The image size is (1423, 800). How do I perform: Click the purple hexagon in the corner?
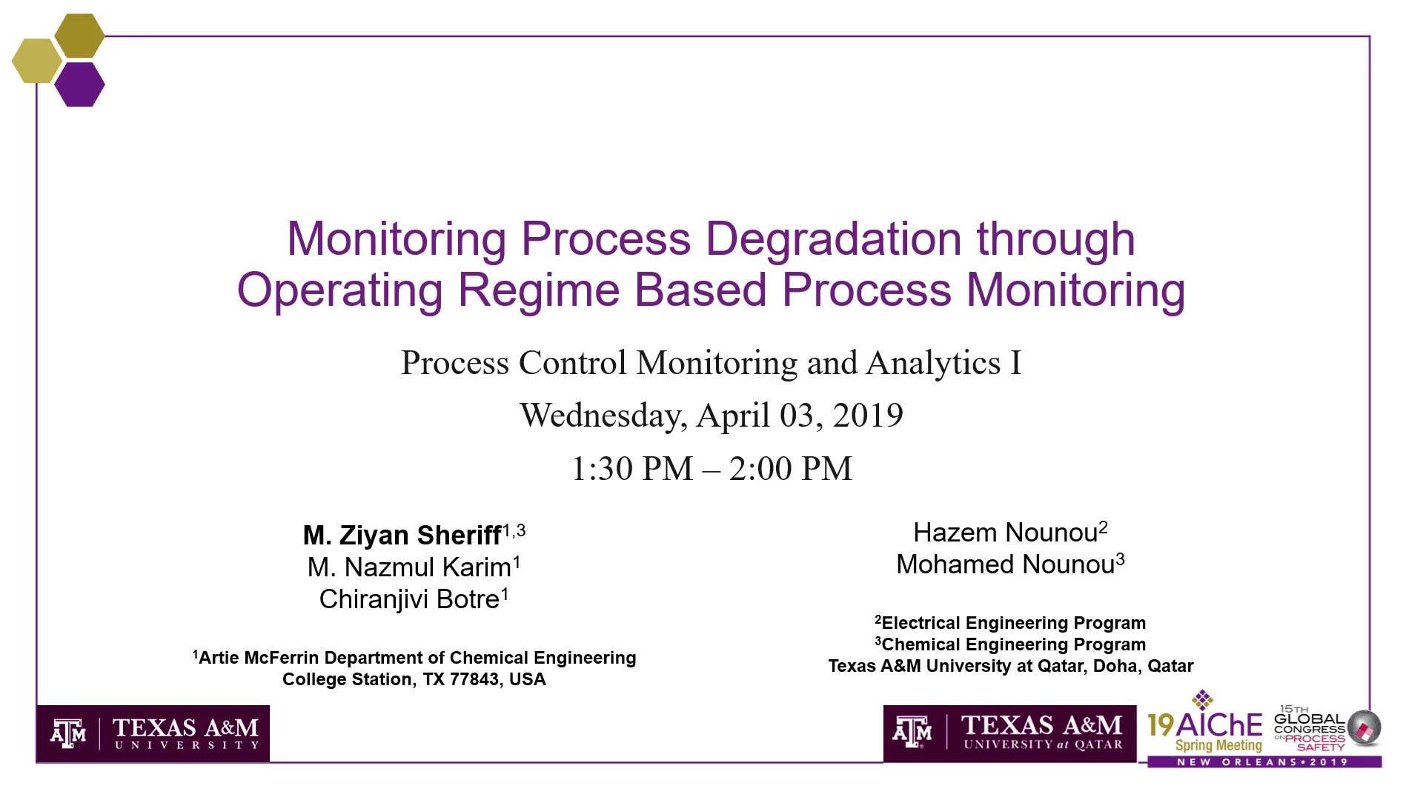79,84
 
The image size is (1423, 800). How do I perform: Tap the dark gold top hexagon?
79,36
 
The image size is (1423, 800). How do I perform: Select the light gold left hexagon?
37,61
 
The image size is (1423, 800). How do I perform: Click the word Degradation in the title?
833,239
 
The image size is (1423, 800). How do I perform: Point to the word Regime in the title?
538,290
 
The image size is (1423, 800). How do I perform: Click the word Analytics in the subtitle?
933,363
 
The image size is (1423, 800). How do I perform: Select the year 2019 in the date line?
868,415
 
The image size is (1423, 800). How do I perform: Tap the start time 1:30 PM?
632,469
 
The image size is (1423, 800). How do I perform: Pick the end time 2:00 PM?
791,469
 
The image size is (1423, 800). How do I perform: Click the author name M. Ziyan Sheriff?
402,535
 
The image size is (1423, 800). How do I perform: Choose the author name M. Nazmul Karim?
409,567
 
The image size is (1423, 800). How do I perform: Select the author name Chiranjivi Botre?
409,599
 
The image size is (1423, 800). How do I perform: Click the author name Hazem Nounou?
1005,533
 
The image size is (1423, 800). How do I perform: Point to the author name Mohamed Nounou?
1005,564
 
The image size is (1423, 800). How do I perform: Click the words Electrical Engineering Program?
1014,623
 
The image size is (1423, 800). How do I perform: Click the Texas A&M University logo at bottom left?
153,733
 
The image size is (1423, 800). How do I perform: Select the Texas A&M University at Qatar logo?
1009,733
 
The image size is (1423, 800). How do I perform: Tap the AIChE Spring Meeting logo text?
1205,732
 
